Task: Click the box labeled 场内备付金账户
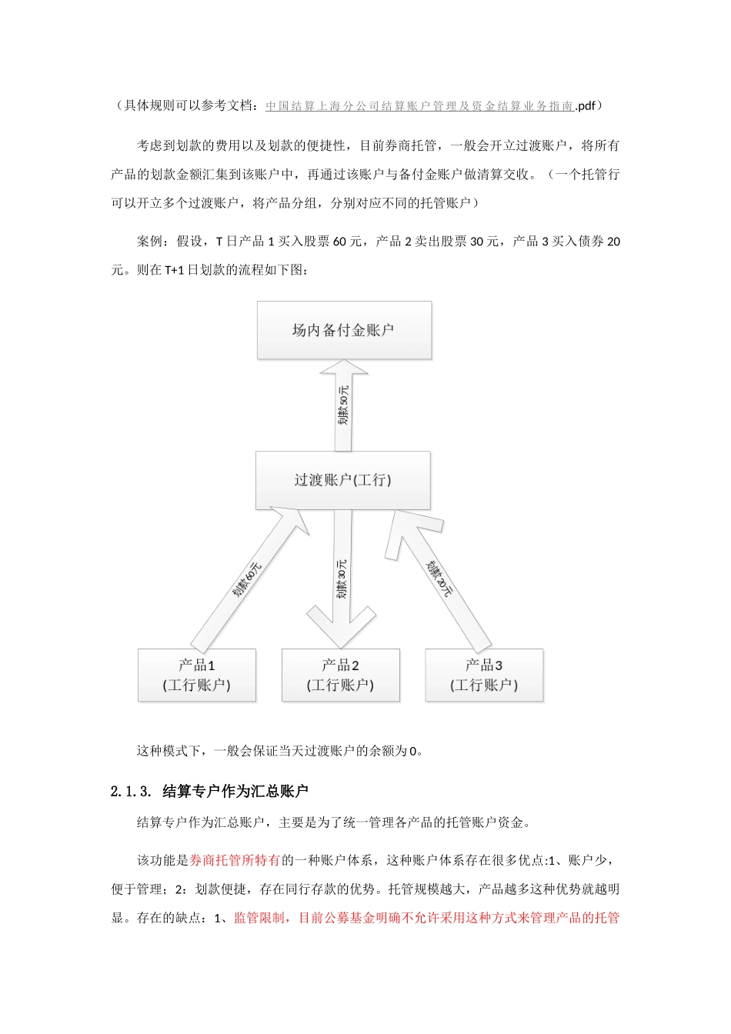pos(344,330)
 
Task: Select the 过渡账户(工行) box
pos(342,480)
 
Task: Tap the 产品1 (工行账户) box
pos(196,675)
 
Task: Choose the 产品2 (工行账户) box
pos(340,675)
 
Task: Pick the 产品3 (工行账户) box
pos(484,675)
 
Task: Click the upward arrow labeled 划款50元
pos(343,405)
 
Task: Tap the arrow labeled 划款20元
pos(440,579)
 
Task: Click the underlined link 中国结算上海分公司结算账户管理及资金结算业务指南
pos(420,106)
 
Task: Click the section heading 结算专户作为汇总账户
pos(235,792)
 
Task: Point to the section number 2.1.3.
pos(133,792)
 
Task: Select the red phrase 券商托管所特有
pos(235,860)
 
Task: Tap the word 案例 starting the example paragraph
pos(150,242)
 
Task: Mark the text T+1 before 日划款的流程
pos(174,270)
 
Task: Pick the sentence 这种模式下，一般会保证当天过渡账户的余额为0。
pos(280,751)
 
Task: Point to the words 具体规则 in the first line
pos(150,106)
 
